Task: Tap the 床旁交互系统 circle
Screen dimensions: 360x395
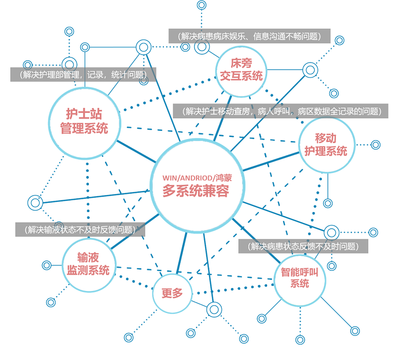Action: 241,70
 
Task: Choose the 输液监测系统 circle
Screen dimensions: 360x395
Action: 88,264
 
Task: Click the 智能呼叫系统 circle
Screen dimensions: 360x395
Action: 300,278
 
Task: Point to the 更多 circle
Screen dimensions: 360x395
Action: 172,293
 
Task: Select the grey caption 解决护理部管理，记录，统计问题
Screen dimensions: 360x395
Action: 83,75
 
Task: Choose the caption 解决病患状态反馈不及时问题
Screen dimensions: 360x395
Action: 303,246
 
